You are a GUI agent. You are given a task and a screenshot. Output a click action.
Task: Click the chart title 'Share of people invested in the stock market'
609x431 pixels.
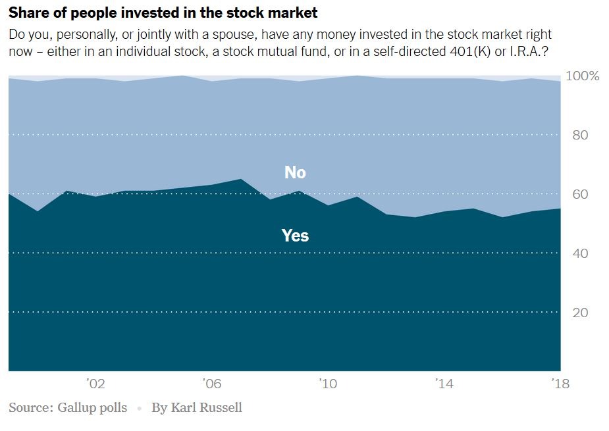tap(163, 13)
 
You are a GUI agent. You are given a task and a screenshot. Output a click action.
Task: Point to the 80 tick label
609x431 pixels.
tap(579, 136)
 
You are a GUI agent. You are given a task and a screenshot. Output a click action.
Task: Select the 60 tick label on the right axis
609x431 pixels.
tap(579, 195)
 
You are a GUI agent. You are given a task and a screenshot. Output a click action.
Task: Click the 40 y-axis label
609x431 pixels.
tap(579, 254)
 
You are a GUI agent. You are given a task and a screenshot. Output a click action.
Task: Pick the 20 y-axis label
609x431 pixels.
tap(579, 313)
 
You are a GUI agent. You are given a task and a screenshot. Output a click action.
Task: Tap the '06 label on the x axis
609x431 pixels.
tap(211, 384)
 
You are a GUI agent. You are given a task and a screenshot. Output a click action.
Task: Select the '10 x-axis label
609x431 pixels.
tap(328, 384)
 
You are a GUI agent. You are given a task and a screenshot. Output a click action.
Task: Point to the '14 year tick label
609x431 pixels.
tap(444, 384)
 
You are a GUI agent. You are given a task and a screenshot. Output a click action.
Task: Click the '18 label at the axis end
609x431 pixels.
tap(560, 384)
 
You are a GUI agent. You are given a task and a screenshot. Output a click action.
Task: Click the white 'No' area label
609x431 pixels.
tap(295, 172)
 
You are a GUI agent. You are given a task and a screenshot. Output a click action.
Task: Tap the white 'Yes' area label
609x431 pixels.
tap(295, 236)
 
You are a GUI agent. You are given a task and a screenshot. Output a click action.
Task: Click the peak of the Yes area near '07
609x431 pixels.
tap(241, 180)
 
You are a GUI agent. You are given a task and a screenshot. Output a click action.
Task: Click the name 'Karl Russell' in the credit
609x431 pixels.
tap(206, 408)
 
